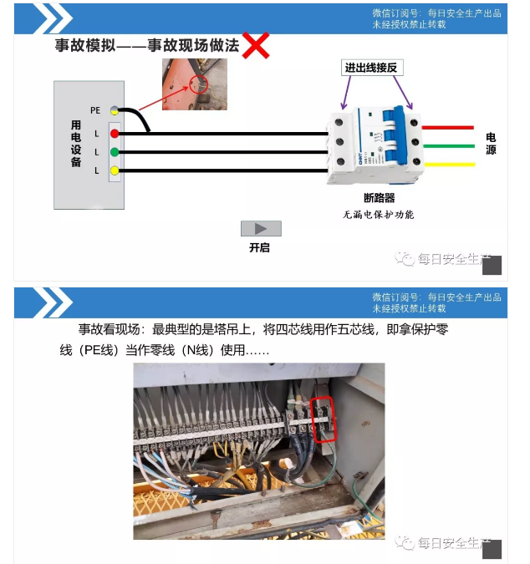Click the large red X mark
(x=256, y=45)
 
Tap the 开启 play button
(x=261, y=228)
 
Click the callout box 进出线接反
(x=376, y=68)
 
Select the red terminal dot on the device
(x=115, y=134)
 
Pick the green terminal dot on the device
(x=115, y=152)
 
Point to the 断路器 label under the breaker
(x=379, y=198)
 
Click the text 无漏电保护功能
(x=378, y=215)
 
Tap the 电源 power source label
(x=491, y=144)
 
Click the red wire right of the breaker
(x=450, y=128)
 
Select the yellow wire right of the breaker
(x=450, y=165)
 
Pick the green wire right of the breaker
(x=450, y=146)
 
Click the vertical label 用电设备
(x=76, y=144)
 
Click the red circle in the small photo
(x=197, y=84)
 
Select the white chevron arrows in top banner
(x=53, y=18)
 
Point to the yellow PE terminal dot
(x=115, y=110)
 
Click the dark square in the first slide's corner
(x=492, y=266)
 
